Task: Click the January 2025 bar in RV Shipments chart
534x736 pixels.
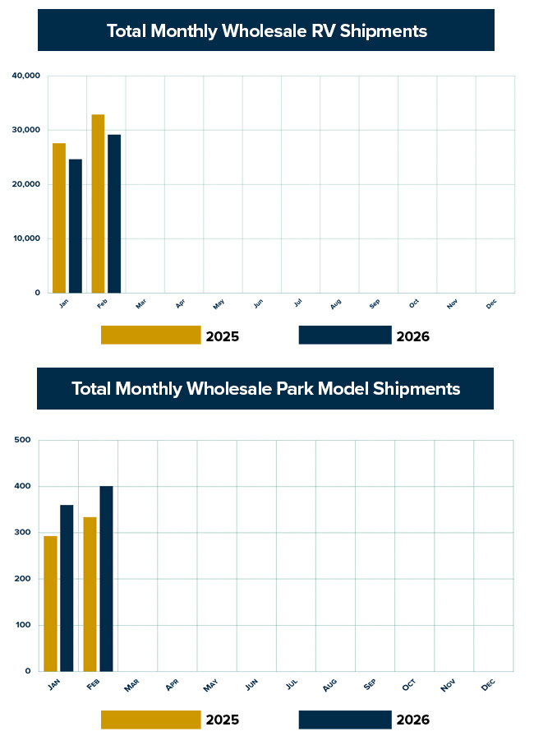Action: coord(59,218)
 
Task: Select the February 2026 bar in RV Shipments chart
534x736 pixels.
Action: coord(114,214)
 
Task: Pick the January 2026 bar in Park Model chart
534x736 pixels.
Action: coord(67,588)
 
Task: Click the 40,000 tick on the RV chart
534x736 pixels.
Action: coord(26,76)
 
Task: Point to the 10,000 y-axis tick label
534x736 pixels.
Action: coord(26,238)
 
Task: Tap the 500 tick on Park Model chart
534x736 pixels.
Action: coord(23,441)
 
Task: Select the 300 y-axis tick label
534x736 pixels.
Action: coord(23,533)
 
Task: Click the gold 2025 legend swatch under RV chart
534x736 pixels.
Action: coord(151,335)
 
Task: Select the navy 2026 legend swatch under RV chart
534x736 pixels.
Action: coord(345,335)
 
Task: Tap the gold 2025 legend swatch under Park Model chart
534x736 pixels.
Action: coord(151,720)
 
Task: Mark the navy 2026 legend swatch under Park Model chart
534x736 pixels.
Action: coord(345,720)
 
